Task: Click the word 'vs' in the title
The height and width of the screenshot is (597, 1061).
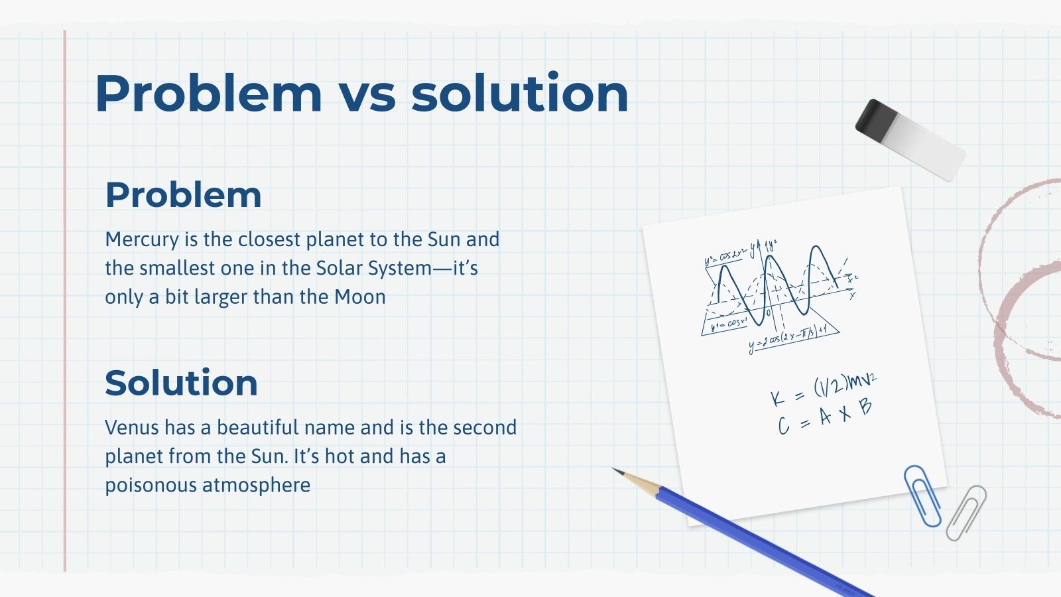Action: [x=367, y=94]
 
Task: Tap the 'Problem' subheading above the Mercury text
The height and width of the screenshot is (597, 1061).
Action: [x=183, y=195]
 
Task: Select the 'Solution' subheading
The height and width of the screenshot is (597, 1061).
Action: [x=181, y=383]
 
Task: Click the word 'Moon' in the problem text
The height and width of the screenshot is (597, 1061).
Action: [x=359, y=297]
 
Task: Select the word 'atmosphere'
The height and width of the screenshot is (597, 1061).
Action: [x=256, y=485]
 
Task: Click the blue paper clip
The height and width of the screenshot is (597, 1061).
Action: [x=922, y=495]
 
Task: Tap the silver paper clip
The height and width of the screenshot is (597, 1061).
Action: [x=966, y=512]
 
